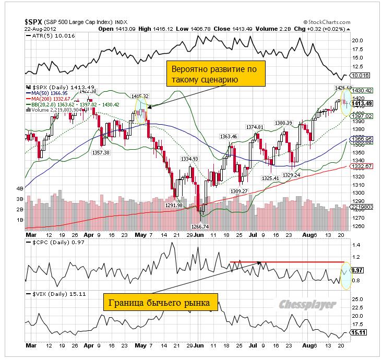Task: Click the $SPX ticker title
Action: tap(35, 21)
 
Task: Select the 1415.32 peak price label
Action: tap(140, 96)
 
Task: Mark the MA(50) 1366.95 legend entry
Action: tap(49, 92)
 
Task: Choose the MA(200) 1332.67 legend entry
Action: tap(51, 98)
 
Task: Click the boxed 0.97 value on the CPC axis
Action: tap(357, 270)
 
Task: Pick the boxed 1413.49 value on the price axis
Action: tap(362, 103)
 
